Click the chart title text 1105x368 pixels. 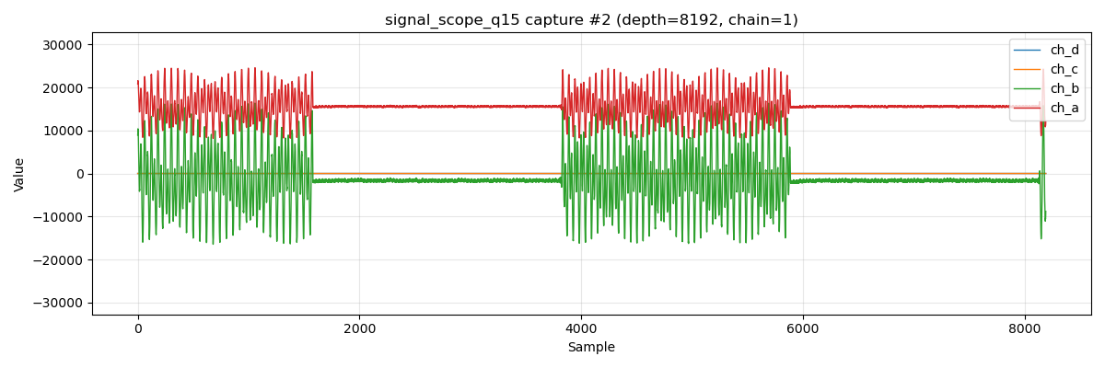pyautogui.click(x=591, y=20)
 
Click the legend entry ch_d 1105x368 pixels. pyautogui.click(x=1064, y=50)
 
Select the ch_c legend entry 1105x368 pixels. pyautogui.click(x=1064, y=69)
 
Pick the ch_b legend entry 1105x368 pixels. pyautogui.click(x=1064, y=88)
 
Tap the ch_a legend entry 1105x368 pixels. pyautogui.click(x=1064, y=108)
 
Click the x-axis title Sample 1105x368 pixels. pyautogui.click(x=591, y=348)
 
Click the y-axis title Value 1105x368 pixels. pyautogui.click(x=19, y=174)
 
